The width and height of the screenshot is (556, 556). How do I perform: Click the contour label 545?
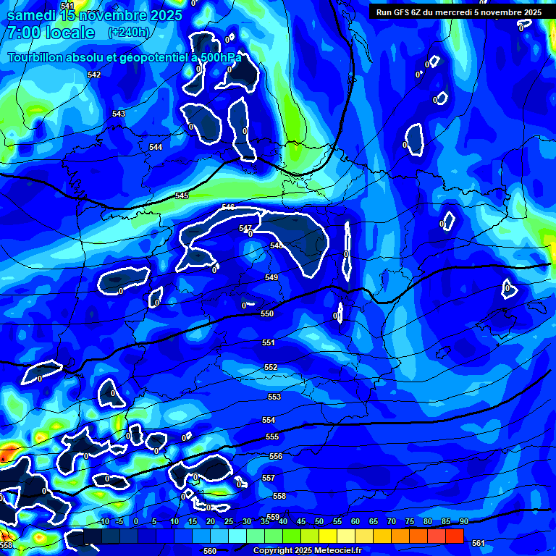coord(182,196)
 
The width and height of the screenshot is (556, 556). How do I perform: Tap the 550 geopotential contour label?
coord(267,313)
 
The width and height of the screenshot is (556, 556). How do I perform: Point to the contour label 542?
coord(94,75)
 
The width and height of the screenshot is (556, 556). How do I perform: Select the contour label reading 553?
coord(274,397)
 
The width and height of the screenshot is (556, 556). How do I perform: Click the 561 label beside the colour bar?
coord(478,543)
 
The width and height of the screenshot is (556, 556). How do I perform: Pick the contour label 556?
coord(276,457)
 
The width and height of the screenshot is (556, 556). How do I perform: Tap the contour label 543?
coord(119,114)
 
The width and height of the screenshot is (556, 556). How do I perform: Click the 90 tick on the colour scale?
coord(463,522)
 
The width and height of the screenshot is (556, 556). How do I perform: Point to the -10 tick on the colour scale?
coord(104,522)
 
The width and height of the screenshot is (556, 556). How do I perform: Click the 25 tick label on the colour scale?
coord(229,522)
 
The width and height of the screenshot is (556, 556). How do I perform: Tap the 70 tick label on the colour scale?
coord(391,522)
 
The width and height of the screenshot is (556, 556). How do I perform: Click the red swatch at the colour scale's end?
coord(455,536)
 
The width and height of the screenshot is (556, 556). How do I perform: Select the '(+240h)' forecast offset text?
coord(129,33)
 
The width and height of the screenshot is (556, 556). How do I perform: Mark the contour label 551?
coord(269,343)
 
